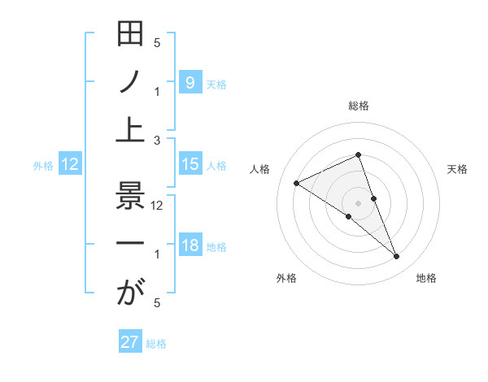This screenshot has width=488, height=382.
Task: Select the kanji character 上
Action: pos(130,128)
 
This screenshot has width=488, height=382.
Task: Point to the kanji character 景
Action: pos(130,198)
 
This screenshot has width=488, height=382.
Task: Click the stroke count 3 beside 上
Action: pos(157,141)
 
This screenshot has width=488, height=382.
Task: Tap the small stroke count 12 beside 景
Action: pos(157,206)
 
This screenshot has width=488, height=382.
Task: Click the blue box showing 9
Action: pos(190,82)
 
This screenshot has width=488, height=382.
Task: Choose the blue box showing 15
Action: pos(190,164)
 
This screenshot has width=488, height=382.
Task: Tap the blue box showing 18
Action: pos(190,245)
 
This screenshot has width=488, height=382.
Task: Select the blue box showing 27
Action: pos(130,342)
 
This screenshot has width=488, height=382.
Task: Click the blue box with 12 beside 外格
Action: pos(70,164)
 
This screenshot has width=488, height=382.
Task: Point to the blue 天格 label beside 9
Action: pos(216,84)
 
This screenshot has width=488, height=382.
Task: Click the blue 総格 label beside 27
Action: pos(156,344)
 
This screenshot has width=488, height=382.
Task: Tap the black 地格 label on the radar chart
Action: pos(426,278)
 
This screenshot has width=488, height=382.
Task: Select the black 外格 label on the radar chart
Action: pos(286,278)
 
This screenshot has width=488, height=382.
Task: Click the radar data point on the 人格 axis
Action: pos(296,183)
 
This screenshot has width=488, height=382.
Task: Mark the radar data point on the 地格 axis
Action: pos(397,257)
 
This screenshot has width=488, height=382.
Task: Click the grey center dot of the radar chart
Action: pos(358,202)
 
